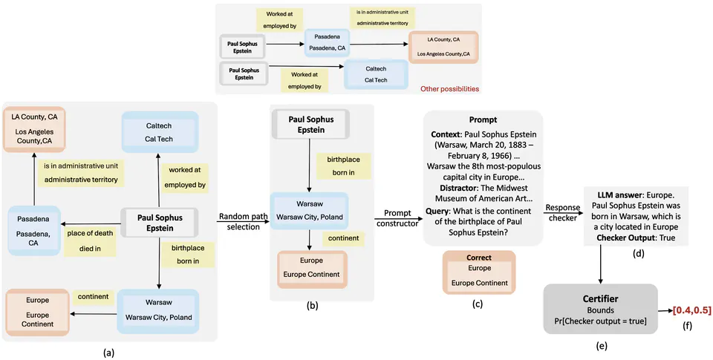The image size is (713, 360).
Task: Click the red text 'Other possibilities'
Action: [449, 88]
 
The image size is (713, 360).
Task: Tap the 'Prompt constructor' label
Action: [397, 218]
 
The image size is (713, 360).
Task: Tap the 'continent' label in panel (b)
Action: [342, 238]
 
